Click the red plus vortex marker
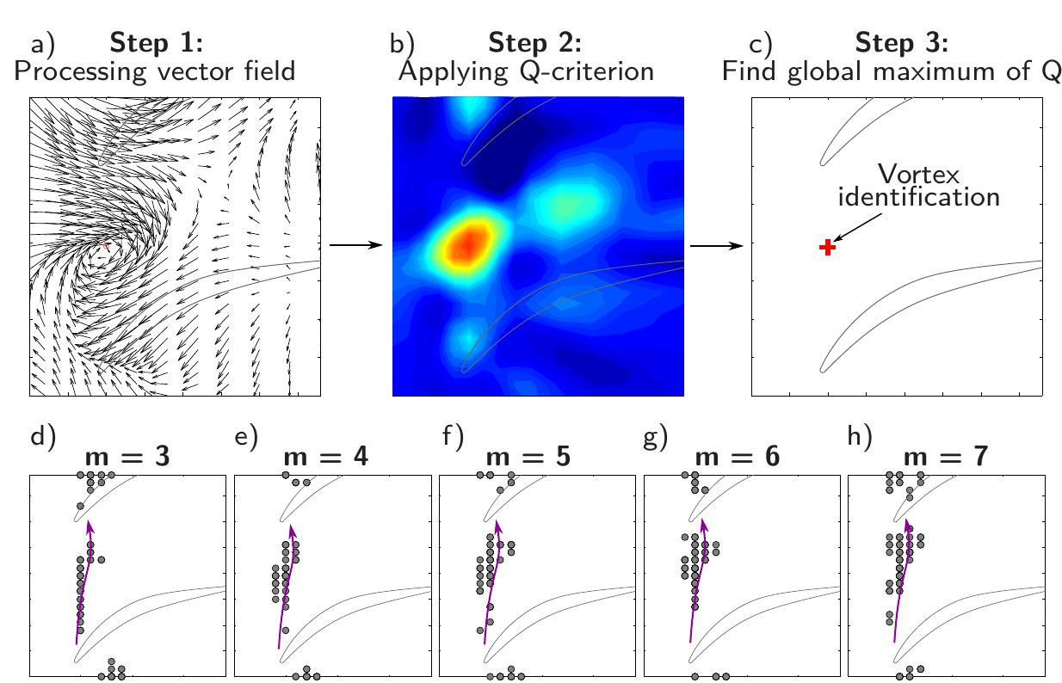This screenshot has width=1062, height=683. pyautogui.click(x=827, y=248)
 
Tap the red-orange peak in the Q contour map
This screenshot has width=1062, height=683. pyautogui.click(x=466, y=243)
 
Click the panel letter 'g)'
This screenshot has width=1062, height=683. pyautogui.click(x=656, y=438)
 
